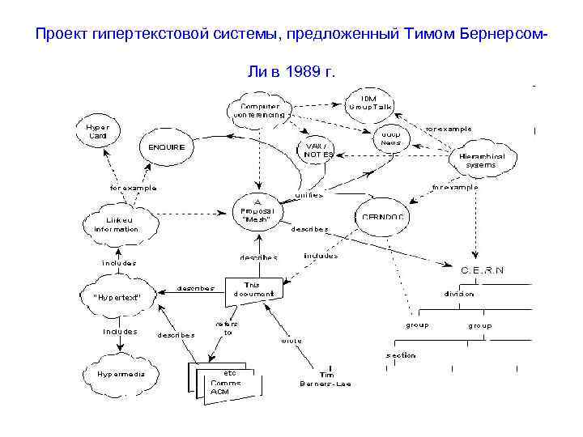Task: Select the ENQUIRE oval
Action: [x=167, y=147]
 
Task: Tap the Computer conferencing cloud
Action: [x=259, y=111]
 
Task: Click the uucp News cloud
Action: [x=392, y=137]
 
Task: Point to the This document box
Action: [x=254, y=288]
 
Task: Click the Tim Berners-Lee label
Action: [x=327, y=379]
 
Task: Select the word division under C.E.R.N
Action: [x=458, y=294]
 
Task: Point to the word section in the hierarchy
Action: [x=400, y=354]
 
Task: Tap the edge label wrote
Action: [x=291, y=341]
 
